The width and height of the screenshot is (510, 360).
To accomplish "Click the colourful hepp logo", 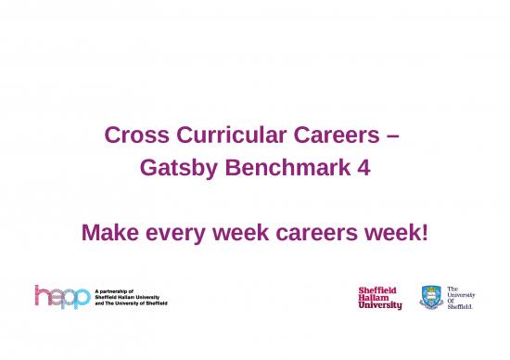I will pyautogui.click(x=62, y=297).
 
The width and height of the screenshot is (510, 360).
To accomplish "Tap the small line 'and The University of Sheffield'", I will pyautogui.click(x=133, y=303).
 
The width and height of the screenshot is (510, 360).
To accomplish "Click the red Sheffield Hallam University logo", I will pyautogui.click(x=380, y=298).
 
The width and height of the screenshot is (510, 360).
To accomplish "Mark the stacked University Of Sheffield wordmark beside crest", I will pyautogui.click(x=461, y=298).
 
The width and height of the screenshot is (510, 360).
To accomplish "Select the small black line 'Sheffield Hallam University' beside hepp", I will pyautogui.click(x=131, y=297).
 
